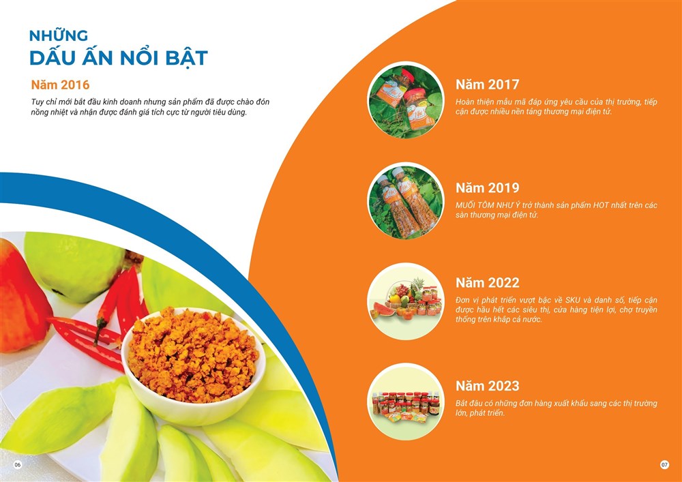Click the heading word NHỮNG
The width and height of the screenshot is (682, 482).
pos(59,35)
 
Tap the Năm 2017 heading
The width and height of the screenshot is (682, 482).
pos(487,85)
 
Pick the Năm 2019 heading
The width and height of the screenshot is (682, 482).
pos(487,188)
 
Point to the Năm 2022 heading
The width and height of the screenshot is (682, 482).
pos(487,282)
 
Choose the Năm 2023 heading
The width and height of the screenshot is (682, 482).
pos(487,386)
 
